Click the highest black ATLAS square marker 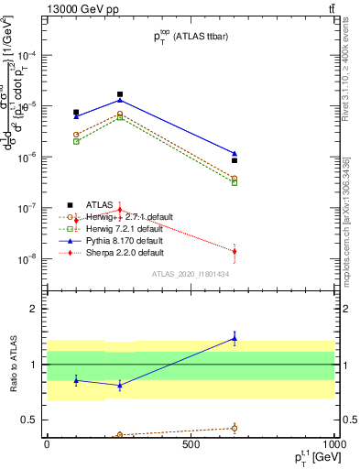click(120, 94)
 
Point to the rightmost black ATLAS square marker click(235, 160)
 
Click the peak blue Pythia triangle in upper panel click(120, 101)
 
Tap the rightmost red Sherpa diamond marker click(235, 251)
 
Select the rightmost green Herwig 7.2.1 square click(235, 182)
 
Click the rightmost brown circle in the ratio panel click(235, 428)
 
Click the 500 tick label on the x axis click(191, 445)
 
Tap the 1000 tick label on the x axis click(333, 445)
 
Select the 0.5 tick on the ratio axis click(28, 420)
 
